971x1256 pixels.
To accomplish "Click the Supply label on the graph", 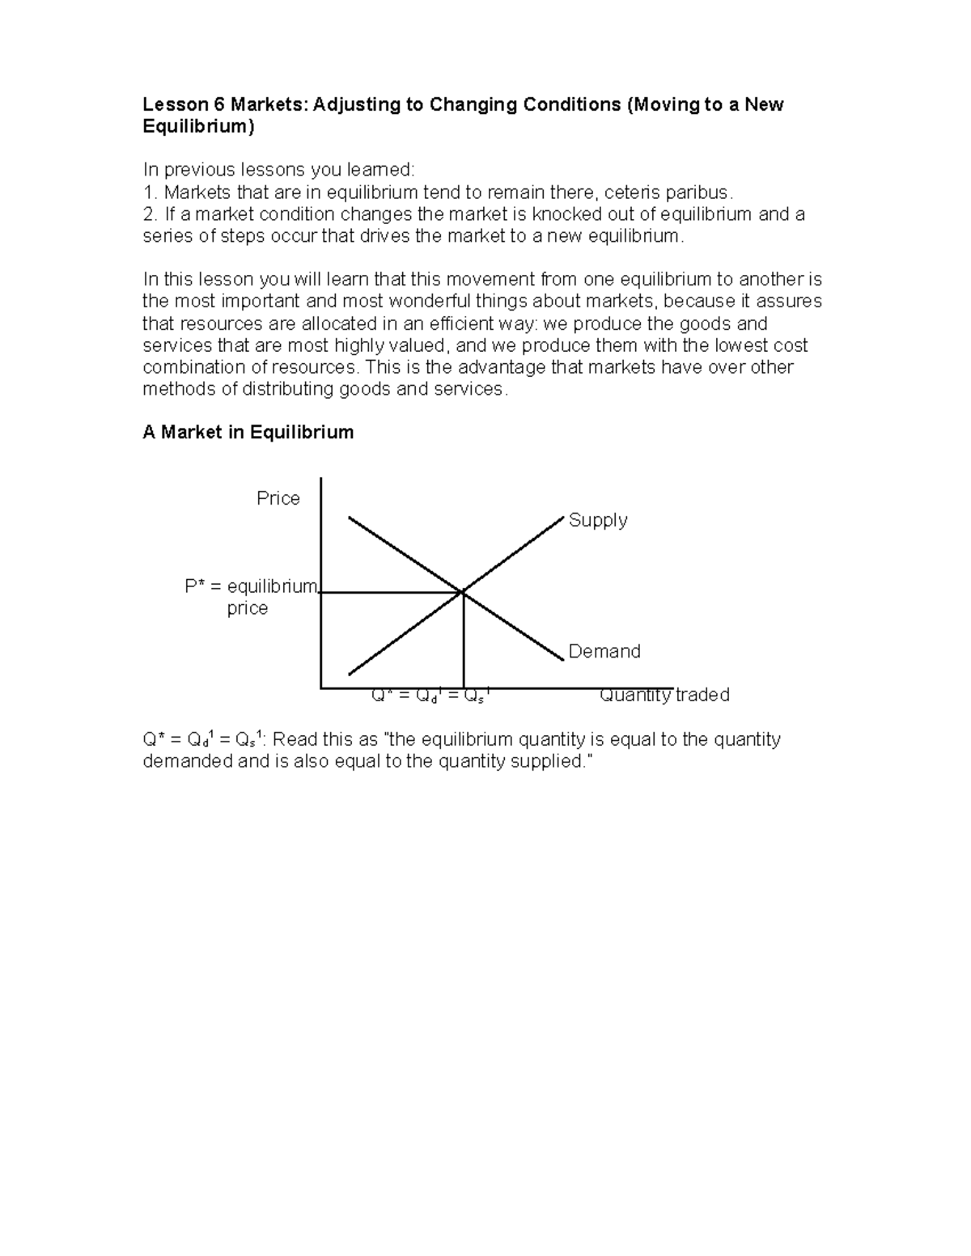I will [x=598, y=520].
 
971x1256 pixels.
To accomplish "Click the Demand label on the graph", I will [x=604, y=651].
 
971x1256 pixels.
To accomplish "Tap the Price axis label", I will [x=278, y=498].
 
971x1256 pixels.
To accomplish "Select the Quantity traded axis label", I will [x=664, y=695].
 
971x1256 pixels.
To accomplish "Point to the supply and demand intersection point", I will [x=463, y=593].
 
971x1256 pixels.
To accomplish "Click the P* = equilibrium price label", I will [x=251, y=597].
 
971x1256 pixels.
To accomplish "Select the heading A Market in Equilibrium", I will [x=248, y=432].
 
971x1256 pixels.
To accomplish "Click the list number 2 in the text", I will [x=148, y=214].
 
